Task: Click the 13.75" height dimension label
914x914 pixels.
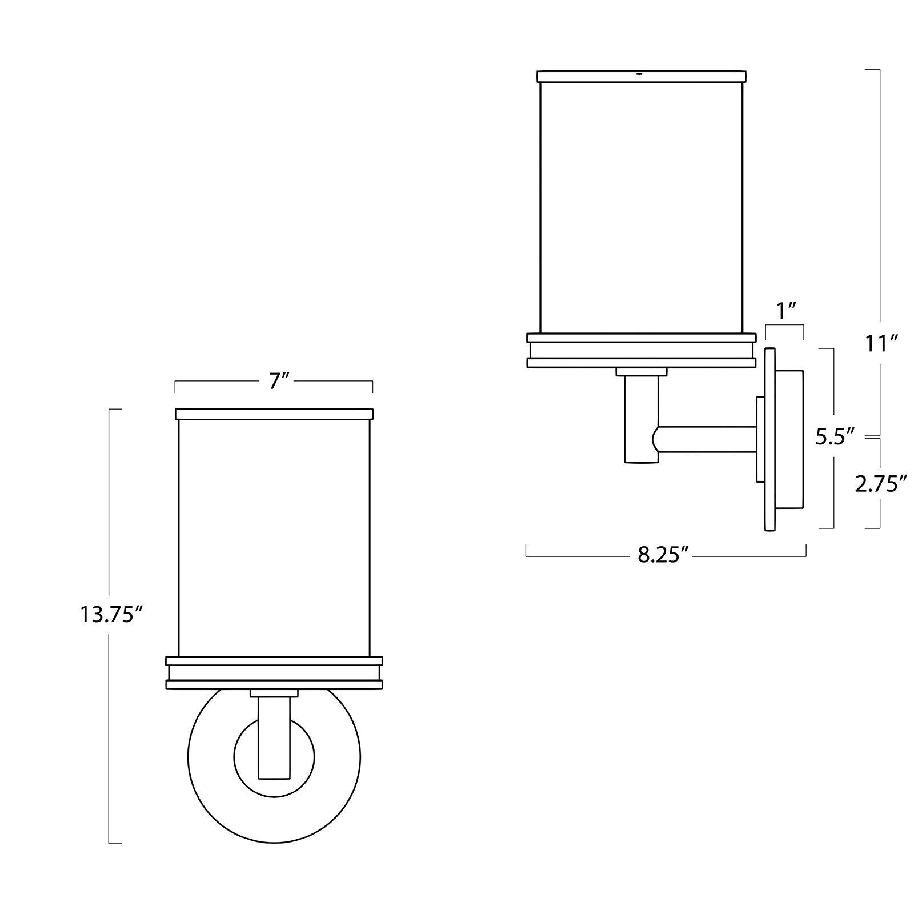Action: point(110,615)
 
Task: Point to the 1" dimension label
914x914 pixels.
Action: point(786,311)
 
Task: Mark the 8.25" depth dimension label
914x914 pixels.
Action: point(663,555)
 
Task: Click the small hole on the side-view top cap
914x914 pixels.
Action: point(640,74)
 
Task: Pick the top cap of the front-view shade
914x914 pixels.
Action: point(274,414)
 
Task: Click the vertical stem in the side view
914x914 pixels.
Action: point(641,419)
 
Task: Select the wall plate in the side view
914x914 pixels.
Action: point(770,439)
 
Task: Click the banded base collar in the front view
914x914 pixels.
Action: point(274,673)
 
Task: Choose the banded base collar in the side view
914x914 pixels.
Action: point(641,350)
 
